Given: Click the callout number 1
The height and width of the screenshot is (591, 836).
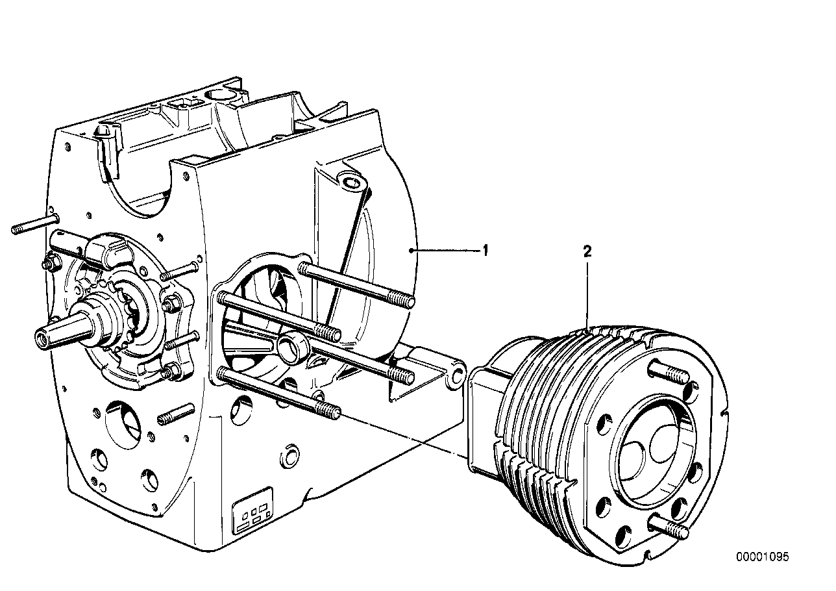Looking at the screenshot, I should coord(484,249).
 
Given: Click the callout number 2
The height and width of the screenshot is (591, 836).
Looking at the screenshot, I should coord(587,251).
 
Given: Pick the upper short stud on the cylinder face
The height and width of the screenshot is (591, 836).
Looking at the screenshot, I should coord(669,374).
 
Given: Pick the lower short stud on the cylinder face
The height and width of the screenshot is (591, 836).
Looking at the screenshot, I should coord(668,527).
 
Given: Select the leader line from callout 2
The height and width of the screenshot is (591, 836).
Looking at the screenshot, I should coord(587,292).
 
